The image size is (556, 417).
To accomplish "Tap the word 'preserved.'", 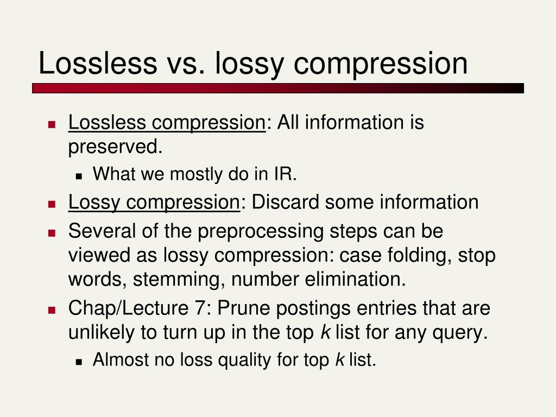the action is (x=115, y=147).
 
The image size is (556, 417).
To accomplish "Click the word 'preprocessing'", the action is (x=260, y=231).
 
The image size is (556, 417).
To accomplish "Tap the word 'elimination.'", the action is (x=355, y=279).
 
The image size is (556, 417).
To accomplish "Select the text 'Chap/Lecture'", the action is (x=128, y=307).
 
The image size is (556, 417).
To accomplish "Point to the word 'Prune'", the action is (x=244, y=308).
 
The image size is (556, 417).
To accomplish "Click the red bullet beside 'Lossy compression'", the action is (x=52, y=204).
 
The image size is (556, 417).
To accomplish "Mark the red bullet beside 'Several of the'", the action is (x=52, y=233).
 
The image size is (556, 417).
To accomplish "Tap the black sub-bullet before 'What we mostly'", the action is (x=79, y=176).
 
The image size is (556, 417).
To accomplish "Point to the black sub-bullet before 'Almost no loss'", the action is (x=79, y=362).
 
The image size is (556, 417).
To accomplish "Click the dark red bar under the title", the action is (x=278, y=89).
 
